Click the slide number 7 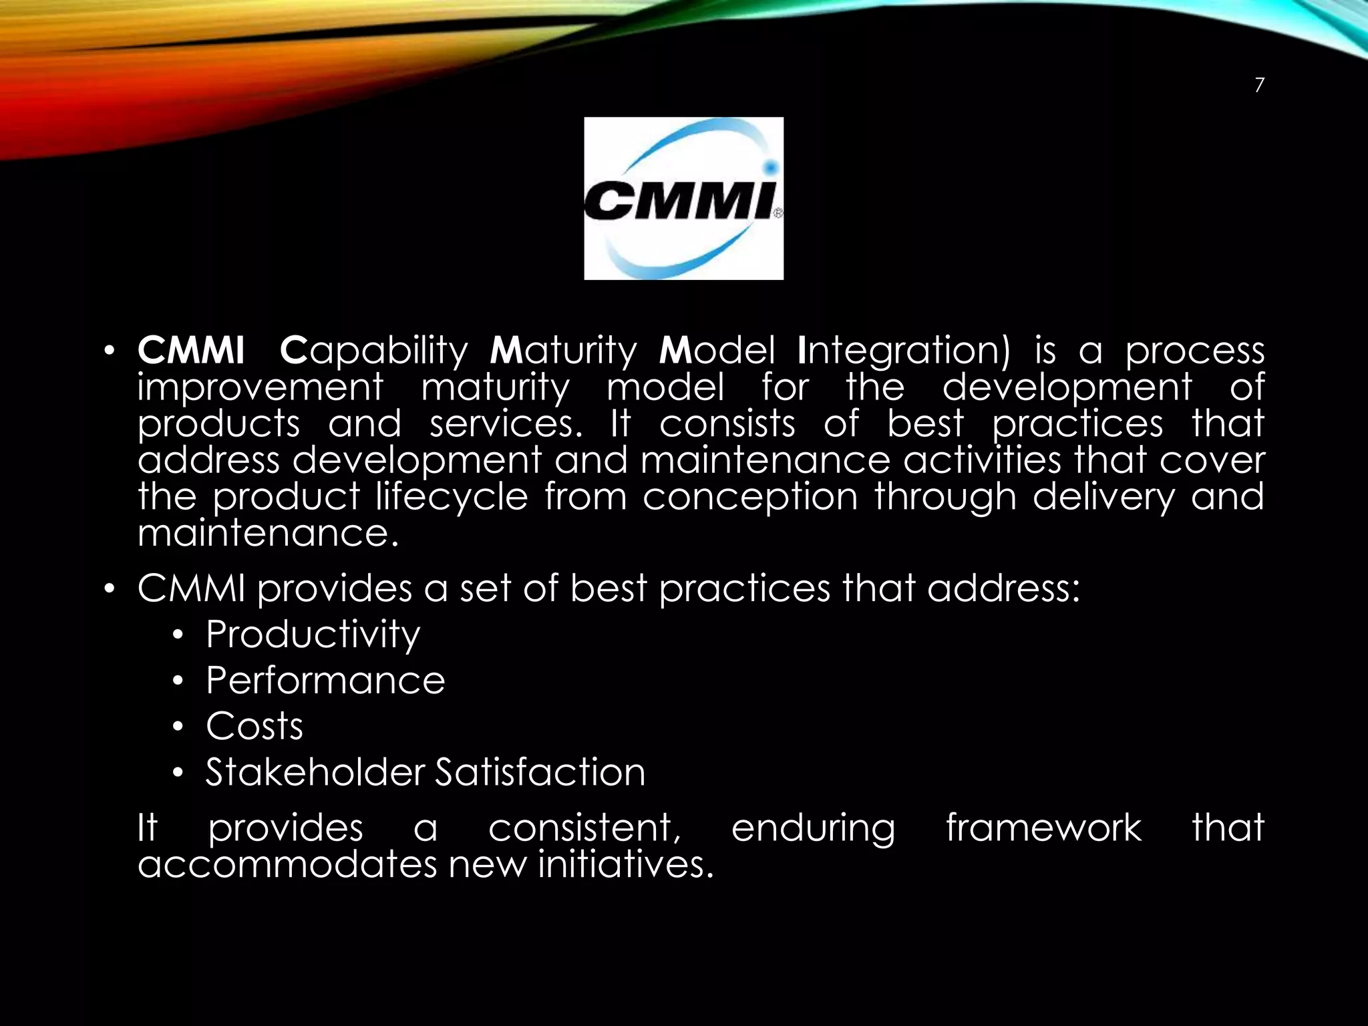pyautogui.click(x=1259, y=85)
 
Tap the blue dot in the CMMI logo pyautogui.click(x=770, y=166)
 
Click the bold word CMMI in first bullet pyautogui.click(x=191, y=350)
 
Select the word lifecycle pyautogui.click(x=451, y=498)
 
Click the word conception pyautogui.click(x=749, y=498)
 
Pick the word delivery pyautogui.click(x=1103, y=498)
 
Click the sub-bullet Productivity pyautogui.click(x=313, y=634)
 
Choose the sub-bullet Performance pyautogui.click(x=325, y=681)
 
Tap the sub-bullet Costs pyautogui.click(x=254, y=726)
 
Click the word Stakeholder pyautogui.click(x=315, y=772)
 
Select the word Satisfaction pyautogui.click(x=540, y=772)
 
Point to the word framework pyautogui.click(x=1043, y=828)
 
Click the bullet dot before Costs pyautogui.click(x=177, y=727)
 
